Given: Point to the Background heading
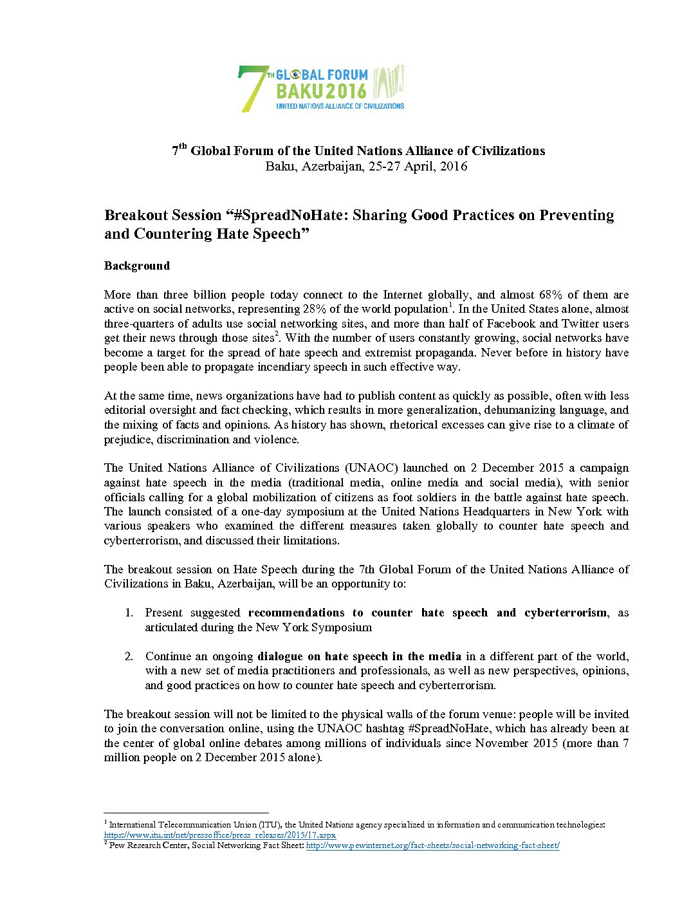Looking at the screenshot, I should point(137,266).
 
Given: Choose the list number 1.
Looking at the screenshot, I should point(129,613).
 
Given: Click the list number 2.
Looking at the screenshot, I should point(129,656).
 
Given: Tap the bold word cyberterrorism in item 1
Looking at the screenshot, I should point(566,613).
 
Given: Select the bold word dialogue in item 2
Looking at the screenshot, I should point(286,656).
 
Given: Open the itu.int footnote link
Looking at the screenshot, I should point(220,835).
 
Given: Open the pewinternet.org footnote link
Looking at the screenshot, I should point(432,846).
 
